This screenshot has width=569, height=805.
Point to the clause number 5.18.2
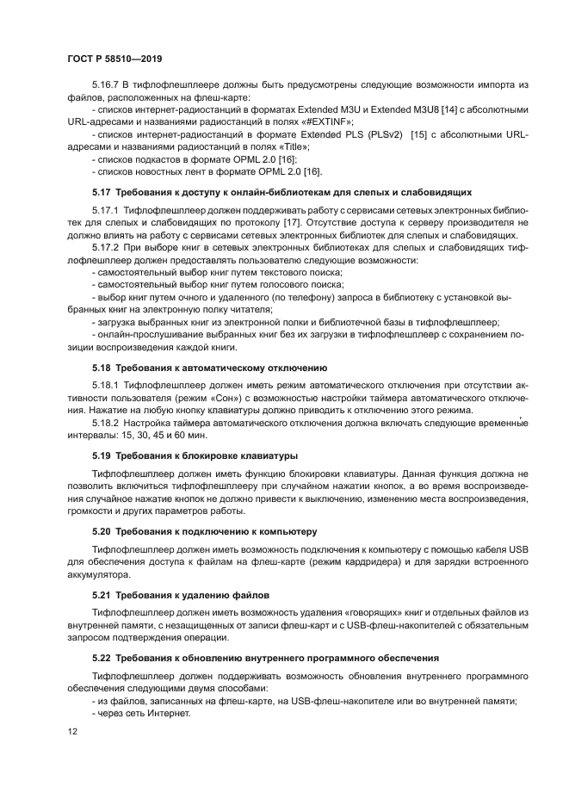pos(106,423)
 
